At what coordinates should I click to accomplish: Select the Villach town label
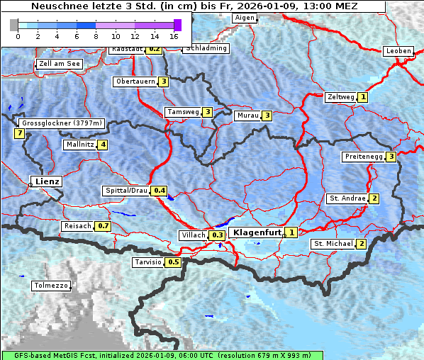click(x=193, y=235)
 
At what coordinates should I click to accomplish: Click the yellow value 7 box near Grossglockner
click(x=19, y=133)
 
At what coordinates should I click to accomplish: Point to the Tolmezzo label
click(x=51, y=286)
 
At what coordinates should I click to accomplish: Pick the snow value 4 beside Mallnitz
click(x=104, y=145)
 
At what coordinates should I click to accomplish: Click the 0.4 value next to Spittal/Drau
click(x=160, y=191)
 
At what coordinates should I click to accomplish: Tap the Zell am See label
click(x=60, y=64)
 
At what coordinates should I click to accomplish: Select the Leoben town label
click(x=398, y=51)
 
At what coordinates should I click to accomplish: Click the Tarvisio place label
click(x=147, y=262)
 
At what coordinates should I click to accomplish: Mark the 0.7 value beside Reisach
click(x=104, y=226)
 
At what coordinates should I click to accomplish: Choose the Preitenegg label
click(x=364, y=157)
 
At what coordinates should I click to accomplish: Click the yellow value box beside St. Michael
click(x=362, y=244)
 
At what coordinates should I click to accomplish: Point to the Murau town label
click(x=247, y=116)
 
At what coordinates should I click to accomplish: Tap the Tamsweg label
click(x=182, y=112)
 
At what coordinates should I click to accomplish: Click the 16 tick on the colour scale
click(x=174, y=35)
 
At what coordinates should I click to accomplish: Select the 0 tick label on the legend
click(x=18, y=35)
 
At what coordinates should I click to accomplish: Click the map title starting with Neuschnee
click(x=194, y=6)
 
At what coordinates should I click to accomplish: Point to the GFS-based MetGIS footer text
click(x=162, y=355)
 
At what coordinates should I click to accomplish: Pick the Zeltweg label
click(x=340, y=97)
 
